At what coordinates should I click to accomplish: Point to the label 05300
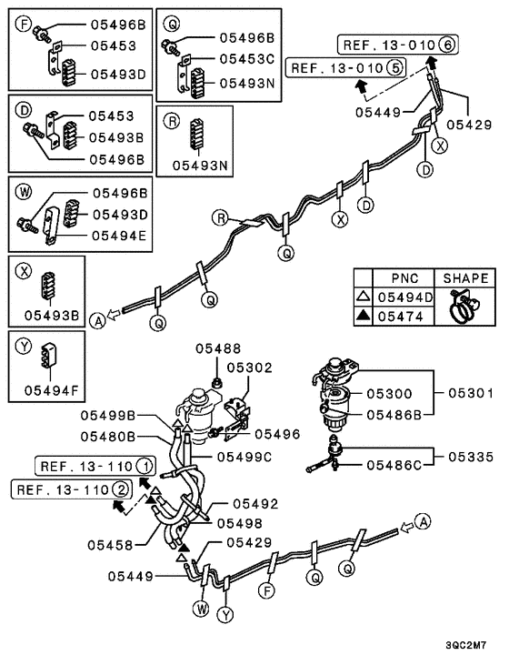(x=390, y=394)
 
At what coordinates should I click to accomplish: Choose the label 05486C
(x=394, y=465)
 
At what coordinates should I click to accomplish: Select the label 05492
(x=255, y=503)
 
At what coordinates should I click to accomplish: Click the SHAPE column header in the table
(x=464, y=278)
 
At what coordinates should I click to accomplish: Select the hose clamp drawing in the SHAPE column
(x=464, y=307)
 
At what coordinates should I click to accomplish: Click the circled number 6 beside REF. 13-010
(x=445, y=43)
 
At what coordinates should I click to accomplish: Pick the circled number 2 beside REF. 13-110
(x=120, y=490)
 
